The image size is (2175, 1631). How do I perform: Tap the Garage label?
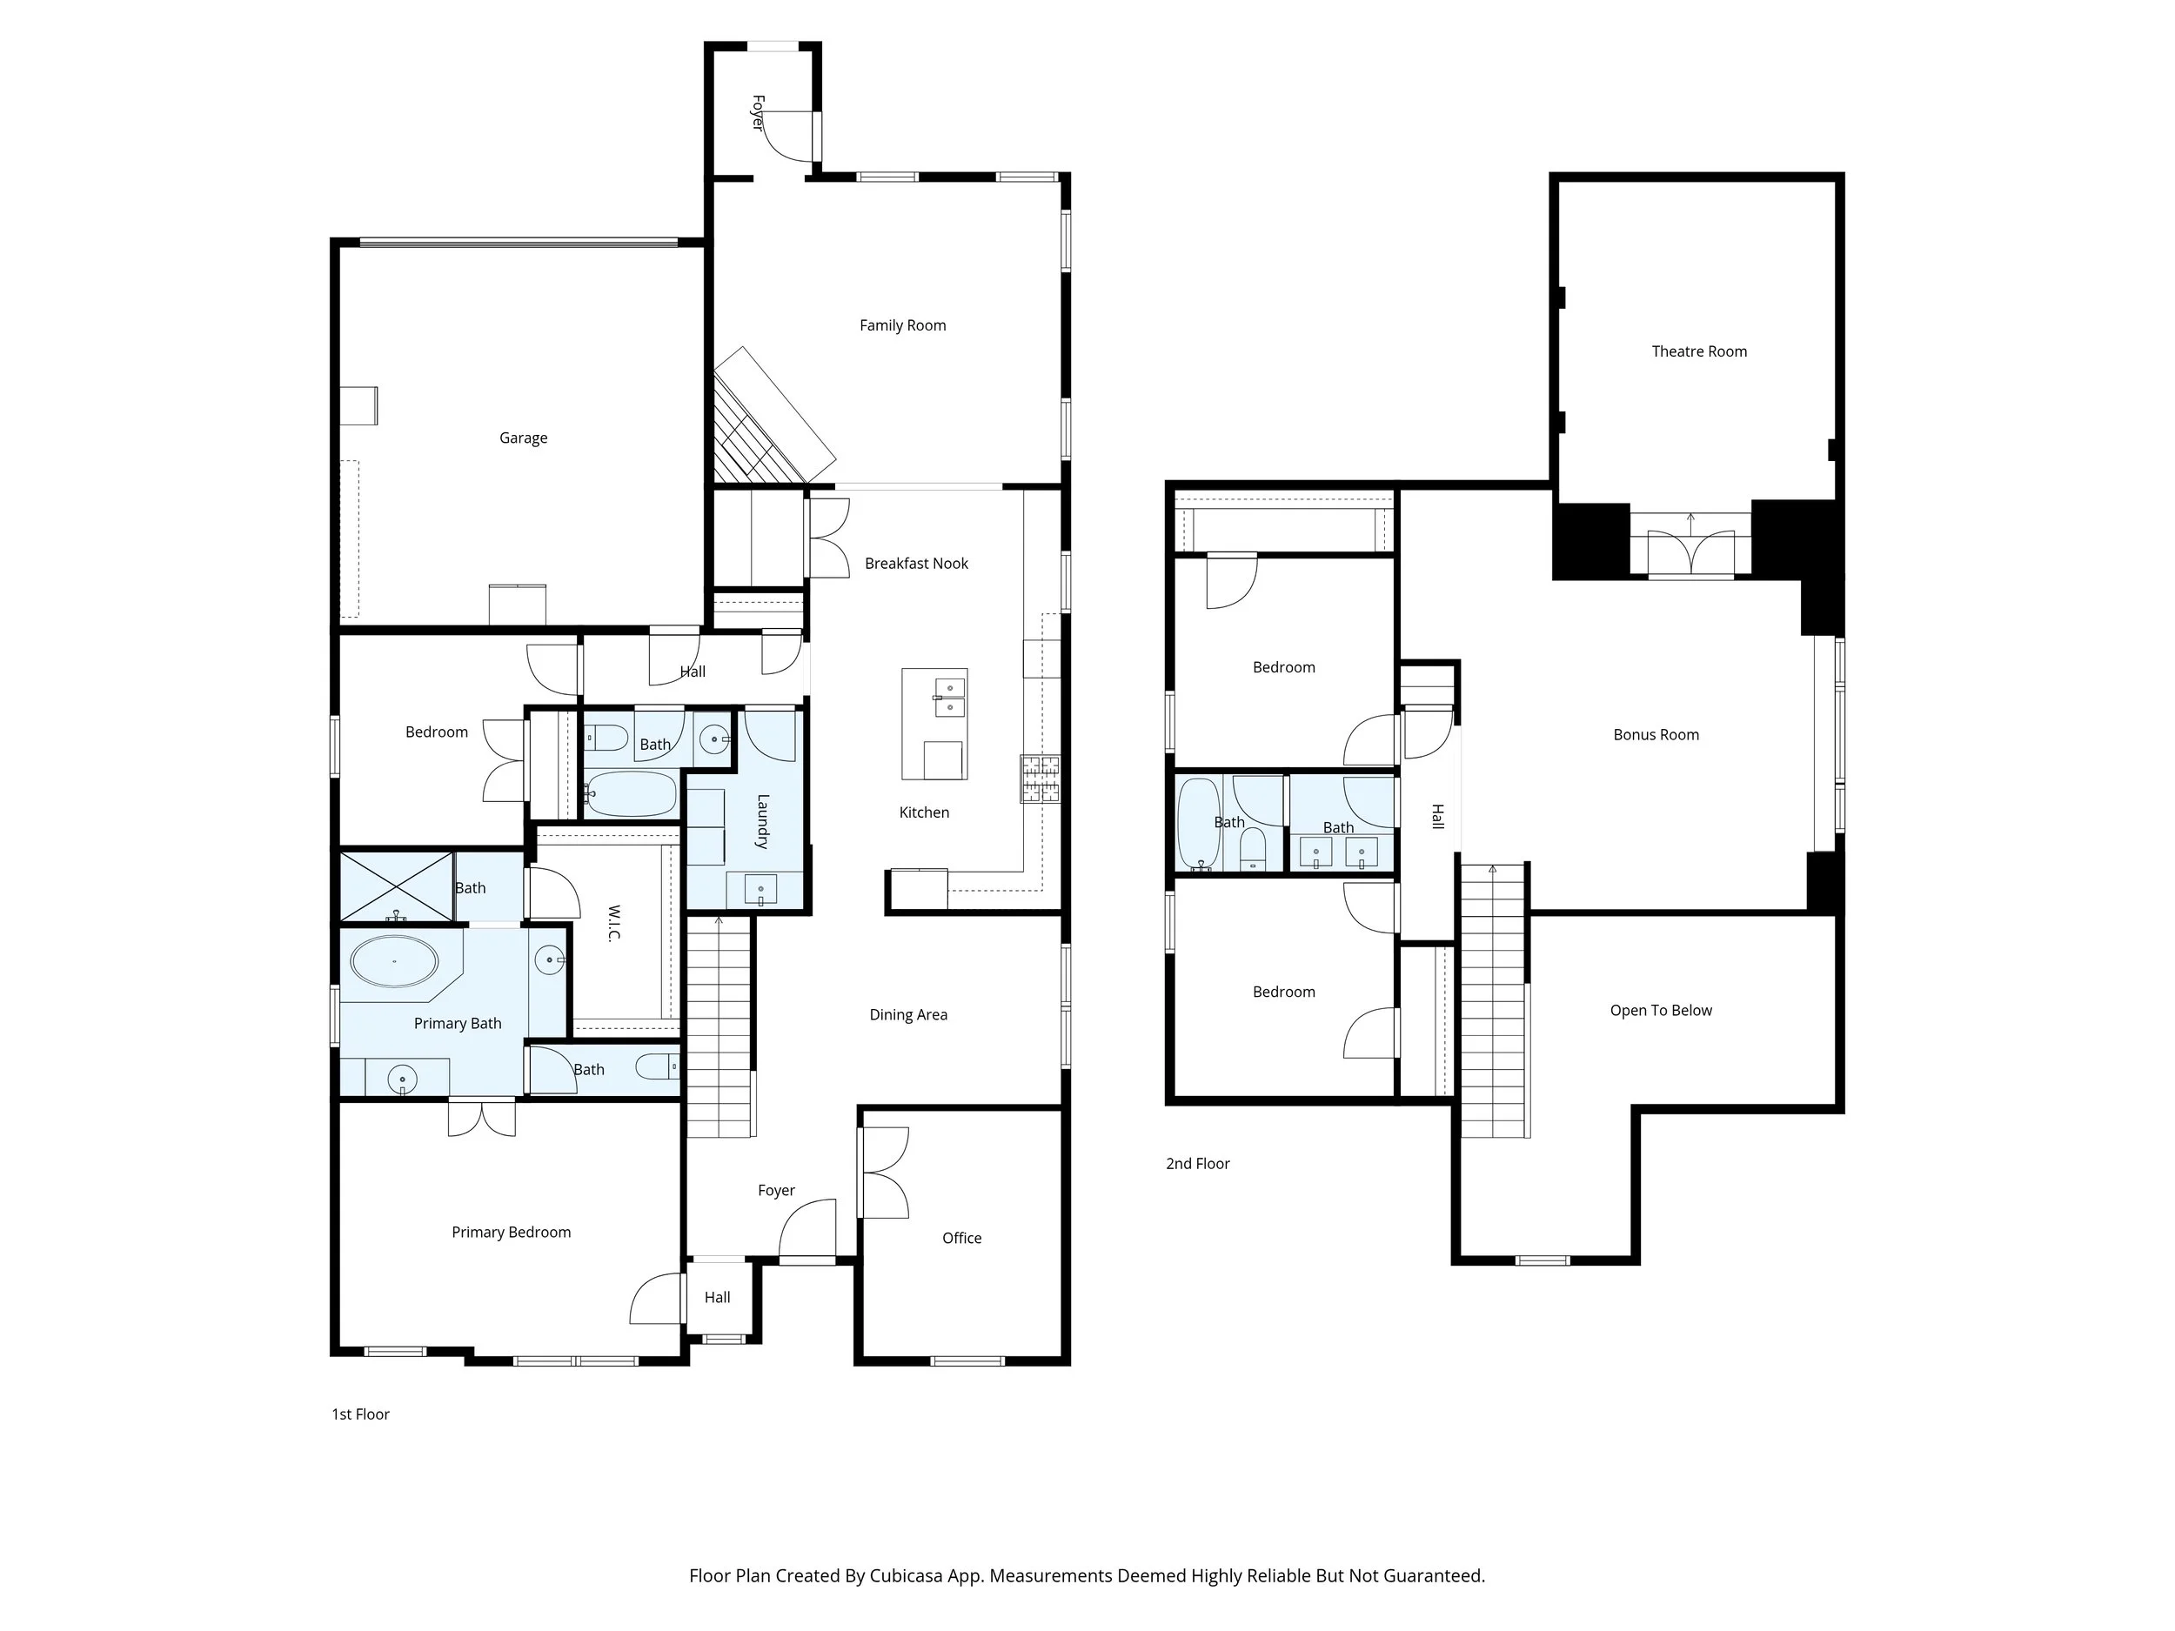pos(523,438)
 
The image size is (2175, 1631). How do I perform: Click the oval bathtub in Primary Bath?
pos(394,961)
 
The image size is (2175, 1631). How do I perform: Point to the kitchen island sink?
pos(949,696)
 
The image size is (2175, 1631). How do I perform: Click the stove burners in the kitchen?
pos(1040,778)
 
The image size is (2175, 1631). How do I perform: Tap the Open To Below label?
pos(1660,1010)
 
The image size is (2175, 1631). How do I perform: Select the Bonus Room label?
pos(1655,734)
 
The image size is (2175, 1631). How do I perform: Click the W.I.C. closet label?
pos(613,922)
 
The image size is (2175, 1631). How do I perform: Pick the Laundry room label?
pos(762,821)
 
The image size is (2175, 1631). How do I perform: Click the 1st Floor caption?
pos(360,1414)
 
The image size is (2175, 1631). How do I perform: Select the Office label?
pos(960,1238)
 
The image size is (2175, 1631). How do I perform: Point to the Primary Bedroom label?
pos(511,1232)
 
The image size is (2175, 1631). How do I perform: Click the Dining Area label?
pos(907,1014)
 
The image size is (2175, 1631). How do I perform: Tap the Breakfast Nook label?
pos(915,564)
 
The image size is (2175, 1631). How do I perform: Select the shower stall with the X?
pos(396,886)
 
